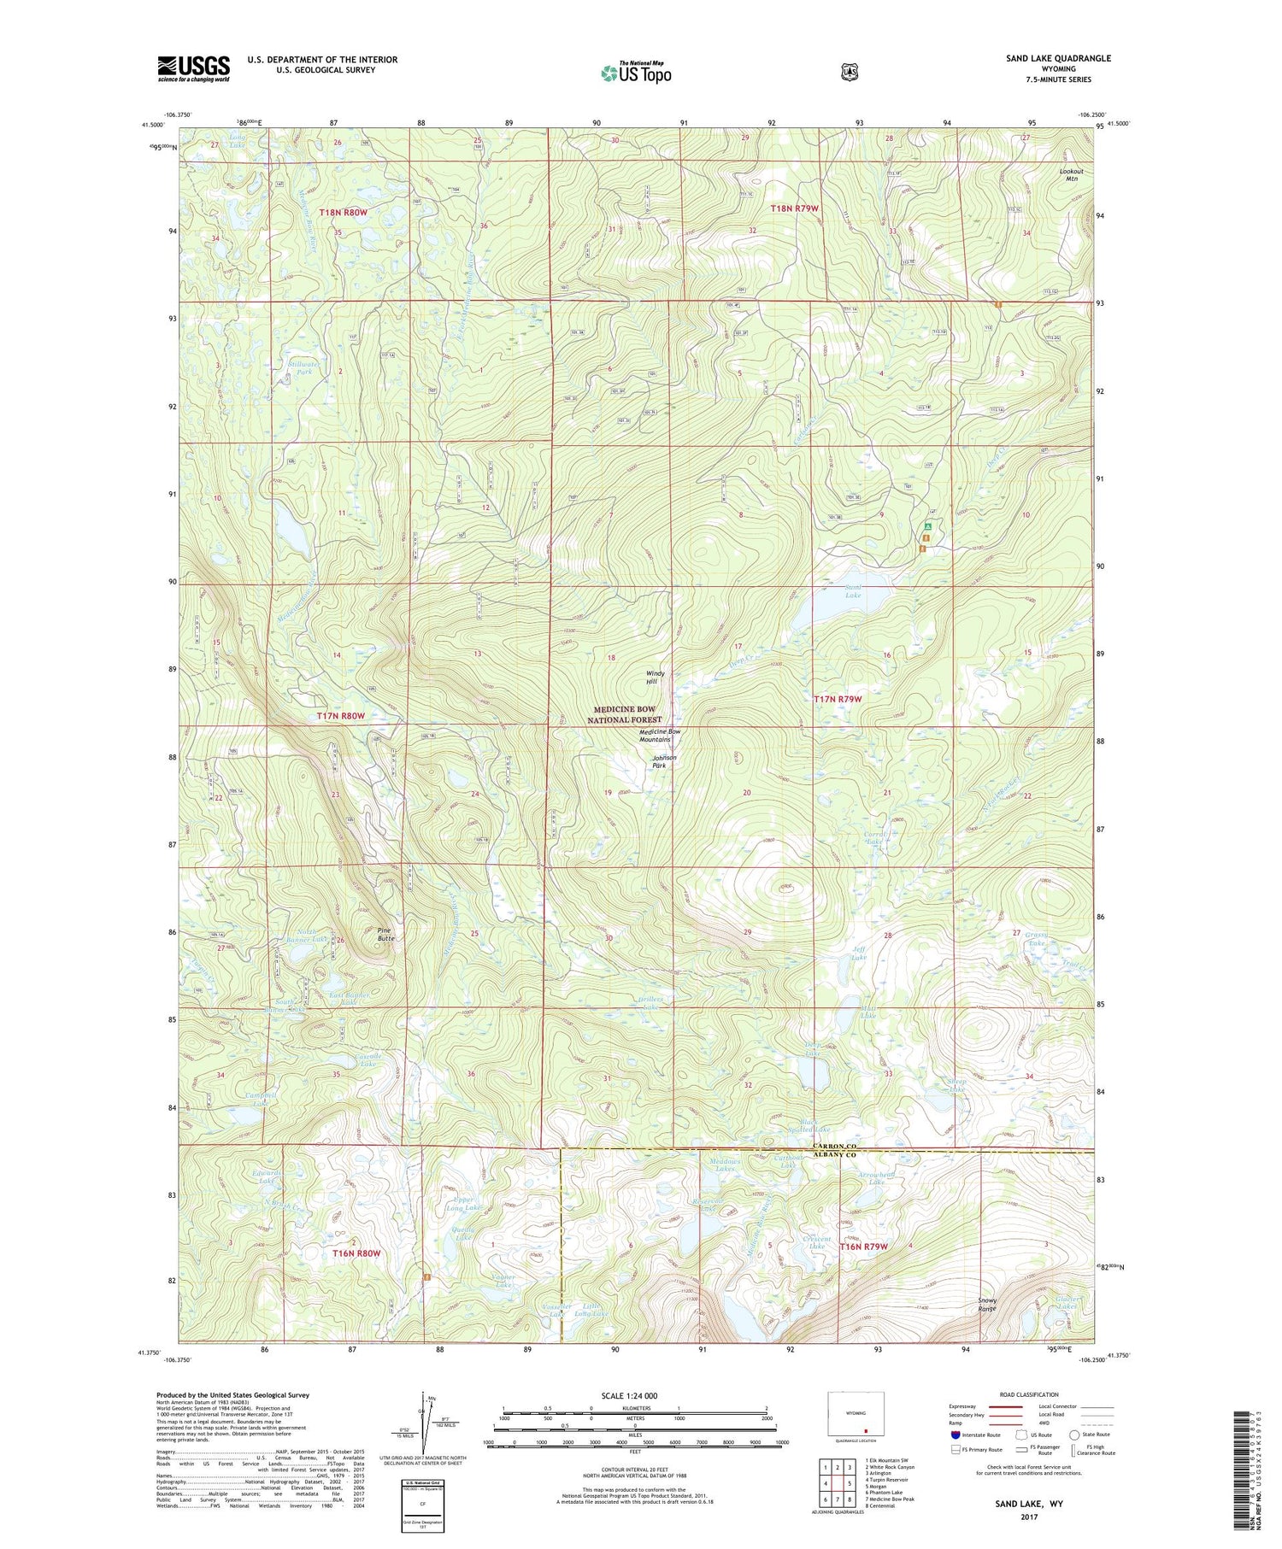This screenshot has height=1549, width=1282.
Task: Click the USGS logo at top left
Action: [x=194, y=68]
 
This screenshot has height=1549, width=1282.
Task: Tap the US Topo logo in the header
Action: [x=636, y=73]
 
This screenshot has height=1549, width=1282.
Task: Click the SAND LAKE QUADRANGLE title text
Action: [x=1058, y=58]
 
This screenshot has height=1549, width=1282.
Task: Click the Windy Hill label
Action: [x=655, y=678]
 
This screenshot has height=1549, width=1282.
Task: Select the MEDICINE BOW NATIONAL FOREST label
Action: [x=627, y=714]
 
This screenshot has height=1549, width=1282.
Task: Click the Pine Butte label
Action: [x=386, y=934]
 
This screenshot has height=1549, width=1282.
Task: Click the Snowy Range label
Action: [x=987, y=1305]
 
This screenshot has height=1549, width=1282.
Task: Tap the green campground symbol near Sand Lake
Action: [x=926, y=527]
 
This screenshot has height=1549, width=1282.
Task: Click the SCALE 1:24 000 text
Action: [x=629, y=1395]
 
